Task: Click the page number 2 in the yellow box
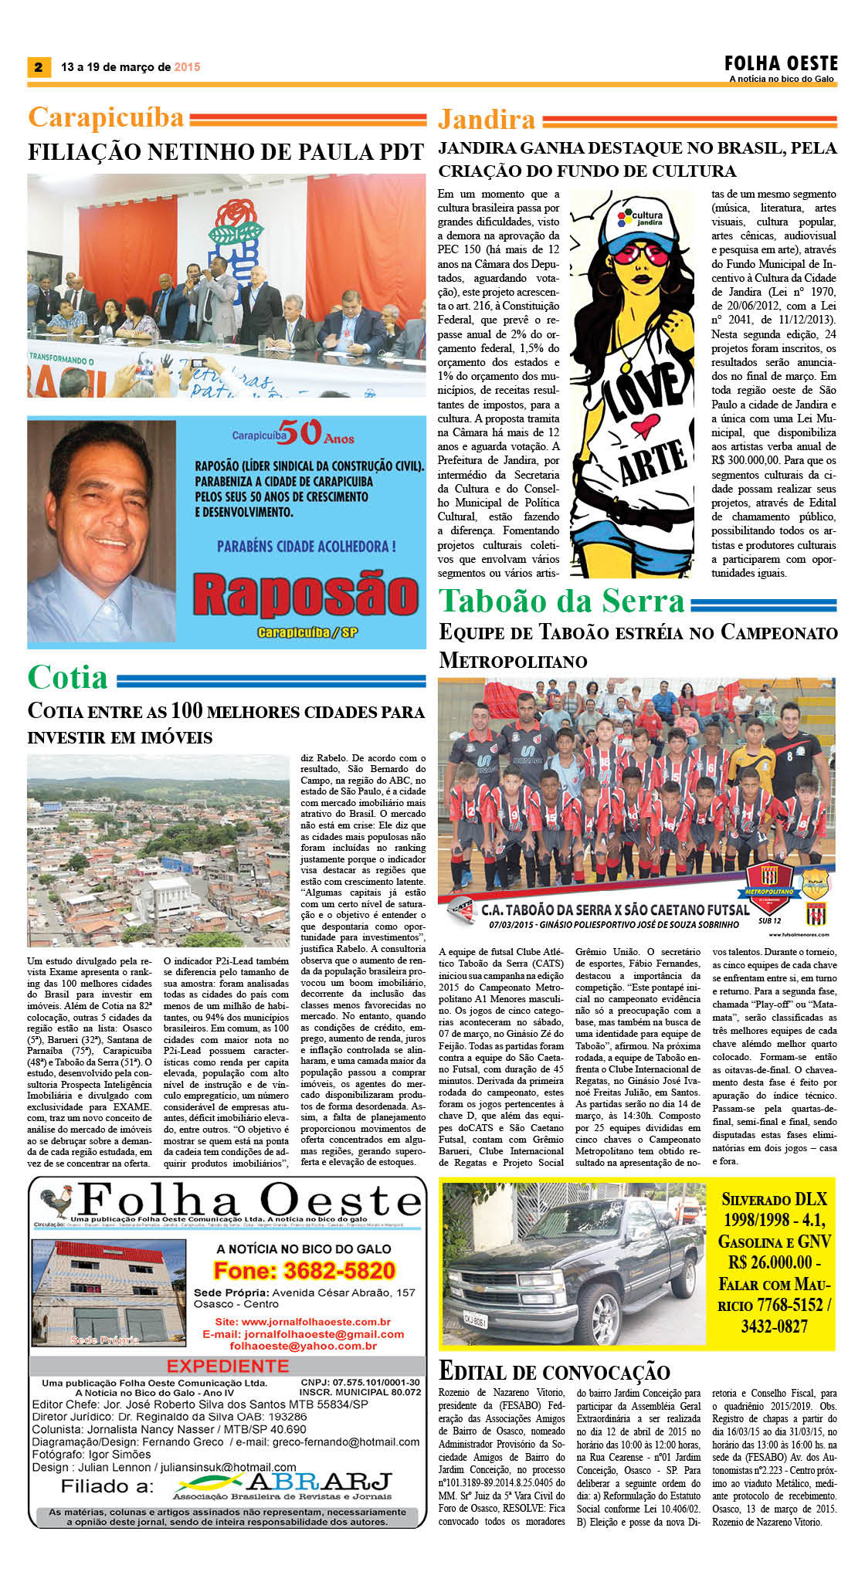pos(37,67)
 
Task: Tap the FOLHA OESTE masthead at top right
pos(780,63)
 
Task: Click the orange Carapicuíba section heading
pos(106,117)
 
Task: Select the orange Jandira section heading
pos(487,120)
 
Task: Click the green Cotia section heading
pos(68,677)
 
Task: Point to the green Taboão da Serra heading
pos(561,601)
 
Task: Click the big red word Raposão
pos(305,596)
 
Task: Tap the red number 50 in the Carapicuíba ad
pos(300,432)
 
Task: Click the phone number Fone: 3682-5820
pos(304,1270)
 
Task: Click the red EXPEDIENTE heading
pos(228,1366)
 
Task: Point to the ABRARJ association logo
pos(282,1485)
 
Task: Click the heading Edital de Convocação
pos(554,1372)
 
